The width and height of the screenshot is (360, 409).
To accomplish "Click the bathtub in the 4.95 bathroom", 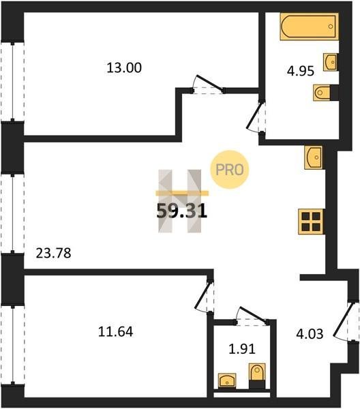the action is [310, 27].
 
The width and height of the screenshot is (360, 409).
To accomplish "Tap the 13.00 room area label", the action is [124, 67].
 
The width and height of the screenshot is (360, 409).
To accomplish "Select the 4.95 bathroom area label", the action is [300, 71].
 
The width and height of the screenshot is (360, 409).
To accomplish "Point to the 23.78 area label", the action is [53, 253].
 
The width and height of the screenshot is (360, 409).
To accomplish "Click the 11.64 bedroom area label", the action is [115, 332].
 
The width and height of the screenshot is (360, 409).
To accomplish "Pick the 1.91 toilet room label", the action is [242, 349].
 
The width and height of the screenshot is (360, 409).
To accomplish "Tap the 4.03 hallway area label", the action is [310, 334].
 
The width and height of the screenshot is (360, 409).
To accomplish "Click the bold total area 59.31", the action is [182, 211].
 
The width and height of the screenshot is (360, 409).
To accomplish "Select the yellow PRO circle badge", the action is [230, 170].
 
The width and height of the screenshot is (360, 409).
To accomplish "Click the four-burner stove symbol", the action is [311, 222].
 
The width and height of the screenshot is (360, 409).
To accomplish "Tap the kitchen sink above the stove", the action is [314, 157].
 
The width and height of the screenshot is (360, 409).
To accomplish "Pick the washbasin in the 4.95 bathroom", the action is [331, 62].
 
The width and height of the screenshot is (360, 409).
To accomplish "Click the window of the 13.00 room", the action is [12, 81].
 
